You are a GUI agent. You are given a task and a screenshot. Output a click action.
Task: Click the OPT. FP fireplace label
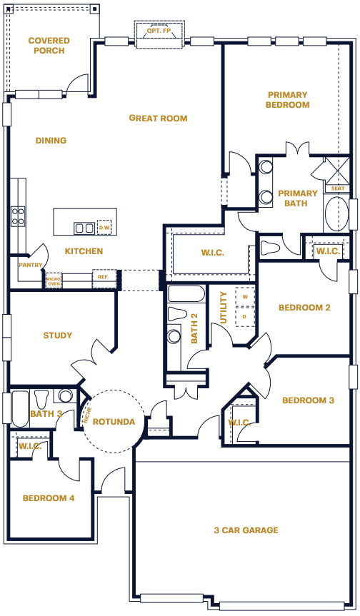(x=159, y=31)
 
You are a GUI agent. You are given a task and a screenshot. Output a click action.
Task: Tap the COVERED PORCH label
(x=49, y=46)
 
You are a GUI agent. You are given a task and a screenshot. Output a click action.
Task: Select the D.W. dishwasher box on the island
(x=104, y=228)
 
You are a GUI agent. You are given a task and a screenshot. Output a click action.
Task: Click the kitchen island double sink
(x=84, y=228)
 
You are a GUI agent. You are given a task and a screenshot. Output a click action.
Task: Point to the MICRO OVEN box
(x=54, y=281)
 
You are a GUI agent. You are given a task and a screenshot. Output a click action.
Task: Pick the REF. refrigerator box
(x=104, y=278)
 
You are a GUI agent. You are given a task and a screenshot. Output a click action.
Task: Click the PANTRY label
(x=30, y=266)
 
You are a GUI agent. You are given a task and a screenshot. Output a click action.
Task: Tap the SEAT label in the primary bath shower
(x=338, y=188)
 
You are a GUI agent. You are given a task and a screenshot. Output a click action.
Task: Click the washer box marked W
(x=245, y=297)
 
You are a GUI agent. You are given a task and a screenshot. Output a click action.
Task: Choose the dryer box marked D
(x=244, y=316)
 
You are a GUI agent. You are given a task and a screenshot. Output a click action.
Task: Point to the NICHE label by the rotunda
(x=87, y=415)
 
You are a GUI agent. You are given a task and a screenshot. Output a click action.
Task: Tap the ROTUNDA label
(x=114, y=422)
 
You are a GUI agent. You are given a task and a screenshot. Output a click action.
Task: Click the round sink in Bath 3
(x=66, y=395)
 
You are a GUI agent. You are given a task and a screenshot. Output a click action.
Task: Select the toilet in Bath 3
(x=41, y=399)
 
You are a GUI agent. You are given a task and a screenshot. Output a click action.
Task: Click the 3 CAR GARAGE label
(x=246, y=530)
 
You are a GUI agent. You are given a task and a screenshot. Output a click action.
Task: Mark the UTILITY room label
(x=224, y=307)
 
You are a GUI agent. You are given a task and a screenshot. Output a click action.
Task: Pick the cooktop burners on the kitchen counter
(x=18, y=216)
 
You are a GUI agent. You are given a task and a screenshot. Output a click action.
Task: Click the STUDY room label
(x=58, y=335)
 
